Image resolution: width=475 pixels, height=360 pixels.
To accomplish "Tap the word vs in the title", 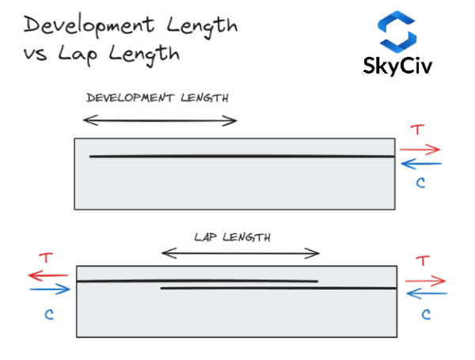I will (x=36, y=55).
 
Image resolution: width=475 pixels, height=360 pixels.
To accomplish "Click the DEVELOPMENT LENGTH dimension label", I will (x=157, y=98).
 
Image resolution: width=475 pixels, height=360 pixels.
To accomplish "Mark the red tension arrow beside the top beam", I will (x=420, y=149).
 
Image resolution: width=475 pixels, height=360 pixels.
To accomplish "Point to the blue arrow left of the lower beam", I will (x=49, y=290).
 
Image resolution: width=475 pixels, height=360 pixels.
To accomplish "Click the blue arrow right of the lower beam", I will (x=424, y=294).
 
